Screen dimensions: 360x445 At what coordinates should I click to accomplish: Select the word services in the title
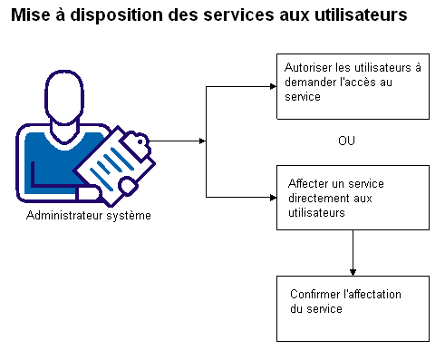tap(217, 15)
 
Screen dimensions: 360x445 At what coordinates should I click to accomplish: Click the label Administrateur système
tap(89, 216)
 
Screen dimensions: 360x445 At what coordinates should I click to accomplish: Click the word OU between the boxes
tap(347, 141)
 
